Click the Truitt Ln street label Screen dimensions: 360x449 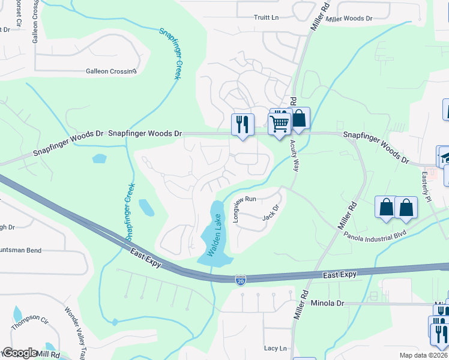(267, 18)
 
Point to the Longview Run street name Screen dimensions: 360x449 (236, 209)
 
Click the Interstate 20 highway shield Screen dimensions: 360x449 (240, 280)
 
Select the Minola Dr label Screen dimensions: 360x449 (328, 304)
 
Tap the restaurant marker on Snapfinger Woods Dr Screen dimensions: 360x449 (243, 124)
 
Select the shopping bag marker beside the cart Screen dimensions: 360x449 (299, 119)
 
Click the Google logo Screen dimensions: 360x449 (20, 353)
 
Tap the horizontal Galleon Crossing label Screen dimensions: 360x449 (112, 71)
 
